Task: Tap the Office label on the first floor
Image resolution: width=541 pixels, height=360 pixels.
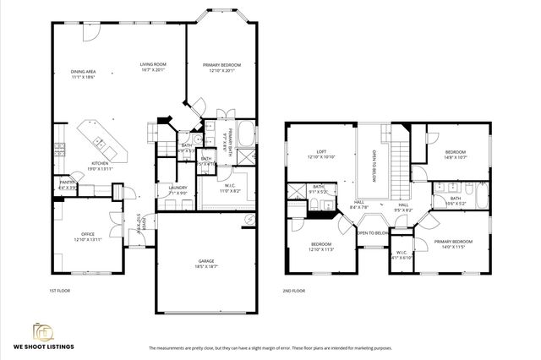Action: point(87,237)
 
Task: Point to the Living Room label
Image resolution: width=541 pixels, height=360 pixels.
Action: point(153,66)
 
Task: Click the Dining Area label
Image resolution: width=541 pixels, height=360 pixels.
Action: point(83,74)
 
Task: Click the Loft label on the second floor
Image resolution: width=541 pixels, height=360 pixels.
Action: point(320,155)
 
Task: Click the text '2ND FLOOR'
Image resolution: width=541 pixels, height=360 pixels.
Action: point(293,290)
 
